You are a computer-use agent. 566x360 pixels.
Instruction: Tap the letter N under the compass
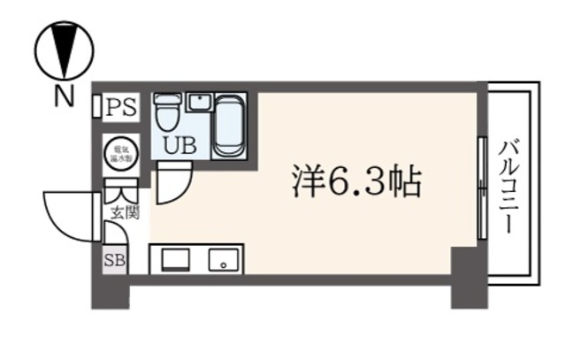(x=63, y=97)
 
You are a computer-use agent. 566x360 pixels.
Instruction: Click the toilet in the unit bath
(x=166, y=113)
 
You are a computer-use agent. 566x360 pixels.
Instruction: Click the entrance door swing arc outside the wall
(x=66, y=215)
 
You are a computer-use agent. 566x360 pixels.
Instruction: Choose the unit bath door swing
(x=174, y=184)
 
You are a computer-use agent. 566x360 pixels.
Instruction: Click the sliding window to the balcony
(x=481, y=188)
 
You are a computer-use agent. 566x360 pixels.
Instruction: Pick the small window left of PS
(x=96, y=107)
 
